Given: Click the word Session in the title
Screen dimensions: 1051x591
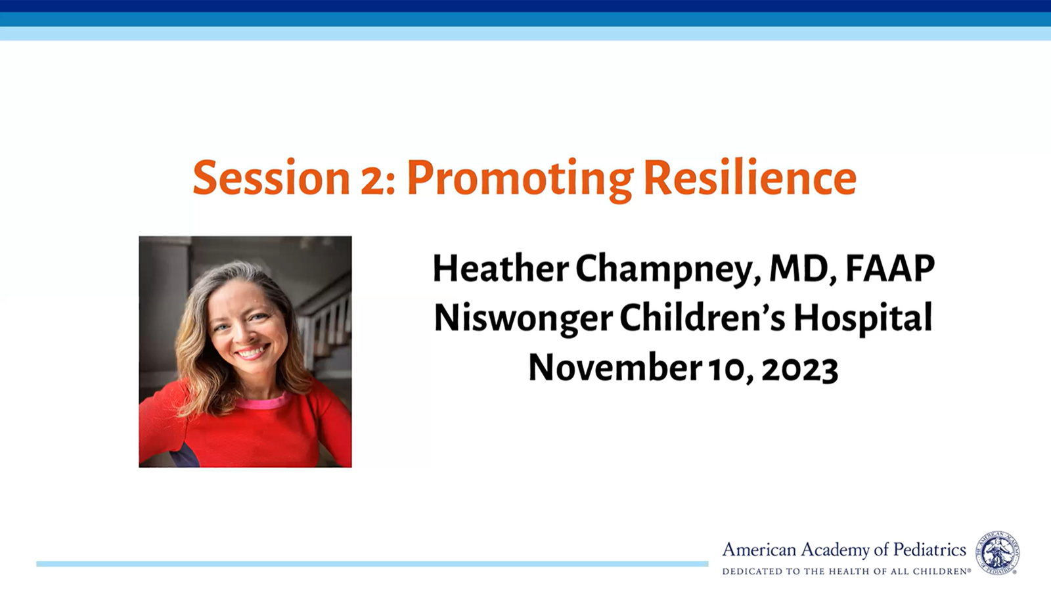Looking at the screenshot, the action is pos(271,178).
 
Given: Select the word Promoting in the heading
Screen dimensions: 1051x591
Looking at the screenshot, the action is pos(520,181).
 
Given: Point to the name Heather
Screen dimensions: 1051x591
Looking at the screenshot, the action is pos(501,269).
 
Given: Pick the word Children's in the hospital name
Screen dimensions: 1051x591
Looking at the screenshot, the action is pos(702,318).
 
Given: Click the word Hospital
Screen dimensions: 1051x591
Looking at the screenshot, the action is pos(863,319).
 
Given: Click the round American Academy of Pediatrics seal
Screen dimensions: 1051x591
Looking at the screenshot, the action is pos(998,552).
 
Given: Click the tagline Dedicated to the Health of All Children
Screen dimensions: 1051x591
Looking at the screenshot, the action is pos(847,571).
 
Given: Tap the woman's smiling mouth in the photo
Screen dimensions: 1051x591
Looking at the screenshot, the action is pos(252,351).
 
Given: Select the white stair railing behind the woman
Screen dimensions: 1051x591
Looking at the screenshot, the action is pos(325,324).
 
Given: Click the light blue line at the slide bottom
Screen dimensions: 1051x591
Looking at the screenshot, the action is pos(372,564).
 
